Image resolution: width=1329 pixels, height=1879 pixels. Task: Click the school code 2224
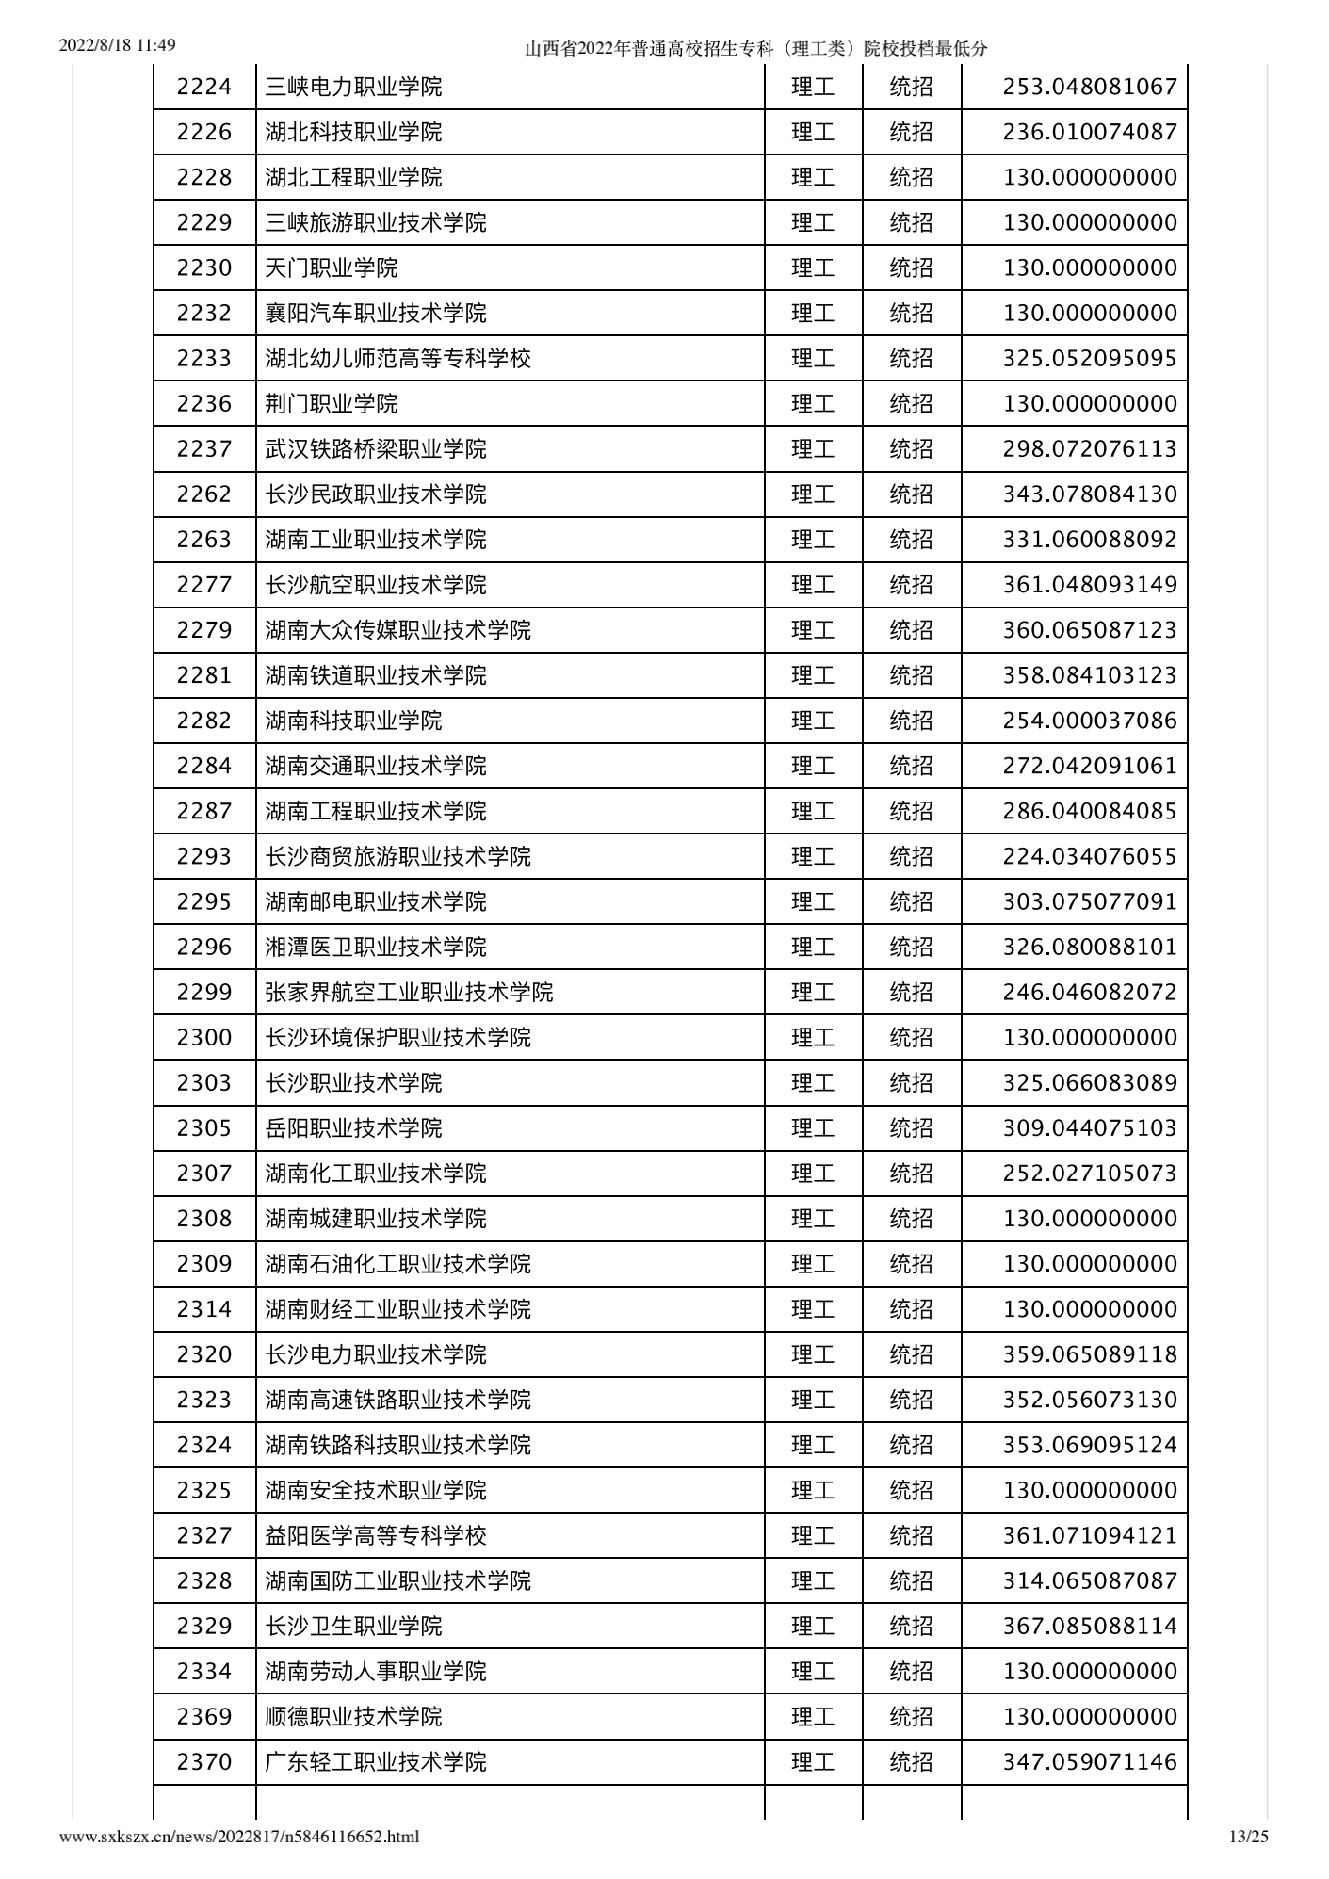point(203,87)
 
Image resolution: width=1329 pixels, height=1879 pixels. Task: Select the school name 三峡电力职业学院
point(353,87)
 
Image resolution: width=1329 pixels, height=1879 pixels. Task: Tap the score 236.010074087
point(1090,132)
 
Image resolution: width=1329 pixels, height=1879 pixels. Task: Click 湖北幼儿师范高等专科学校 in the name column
point(397,358)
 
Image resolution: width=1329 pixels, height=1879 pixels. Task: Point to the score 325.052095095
point(1090,358)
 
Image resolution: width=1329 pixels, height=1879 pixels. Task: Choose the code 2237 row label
point(203,448)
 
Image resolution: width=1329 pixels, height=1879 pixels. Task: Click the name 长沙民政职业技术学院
point(376,494)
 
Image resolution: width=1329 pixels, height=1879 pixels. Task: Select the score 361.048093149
point(1090,584)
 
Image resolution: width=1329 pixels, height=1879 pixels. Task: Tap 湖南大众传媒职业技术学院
point(397,629)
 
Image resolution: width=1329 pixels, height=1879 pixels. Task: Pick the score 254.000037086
point(1090,721)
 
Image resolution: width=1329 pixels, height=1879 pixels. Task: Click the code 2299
point(203,992)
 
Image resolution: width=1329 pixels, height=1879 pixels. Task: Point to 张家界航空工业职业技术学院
point(409,992)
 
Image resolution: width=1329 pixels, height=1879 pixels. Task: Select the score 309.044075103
point(1090,1127)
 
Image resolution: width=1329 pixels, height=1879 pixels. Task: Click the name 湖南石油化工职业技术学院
point(397,1263)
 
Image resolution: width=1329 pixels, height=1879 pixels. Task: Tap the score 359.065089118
point(1090,1353)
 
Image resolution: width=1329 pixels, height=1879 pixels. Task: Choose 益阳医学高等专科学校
point(376,1535)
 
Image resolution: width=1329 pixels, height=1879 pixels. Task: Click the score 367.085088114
point(1090,1626)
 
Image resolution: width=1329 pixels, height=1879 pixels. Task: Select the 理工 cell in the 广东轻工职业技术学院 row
point(813,1761)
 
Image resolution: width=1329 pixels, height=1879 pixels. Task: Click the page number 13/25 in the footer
point(1249,1836)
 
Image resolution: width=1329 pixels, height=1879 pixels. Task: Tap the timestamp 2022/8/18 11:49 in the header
point(118,45)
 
